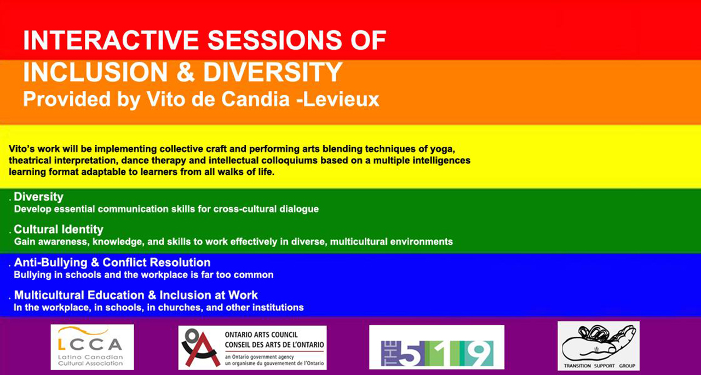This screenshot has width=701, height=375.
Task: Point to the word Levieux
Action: point(341,99)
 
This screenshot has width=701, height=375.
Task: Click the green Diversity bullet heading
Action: point(38,197)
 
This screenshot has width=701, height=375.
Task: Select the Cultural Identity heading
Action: point(59,230)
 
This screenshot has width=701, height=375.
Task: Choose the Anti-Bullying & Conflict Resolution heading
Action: point(112,262)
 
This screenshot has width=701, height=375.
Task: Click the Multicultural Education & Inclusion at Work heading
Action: point(136,295)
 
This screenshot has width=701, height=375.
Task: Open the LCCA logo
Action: point(93,347)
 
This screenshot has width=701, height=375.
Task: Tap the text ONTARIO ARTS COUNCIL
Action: point(261,335)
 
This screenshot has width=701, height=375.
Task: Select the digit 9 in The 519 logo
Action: point(479,354)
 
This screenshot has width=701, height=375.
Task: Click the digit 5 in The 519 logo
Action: point(410,354)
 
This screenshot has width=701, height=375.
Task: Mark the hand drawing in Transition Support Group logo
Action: point(597,344)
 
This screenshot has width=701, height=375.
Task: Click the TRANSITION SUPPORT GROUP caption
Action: point(599,366)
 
